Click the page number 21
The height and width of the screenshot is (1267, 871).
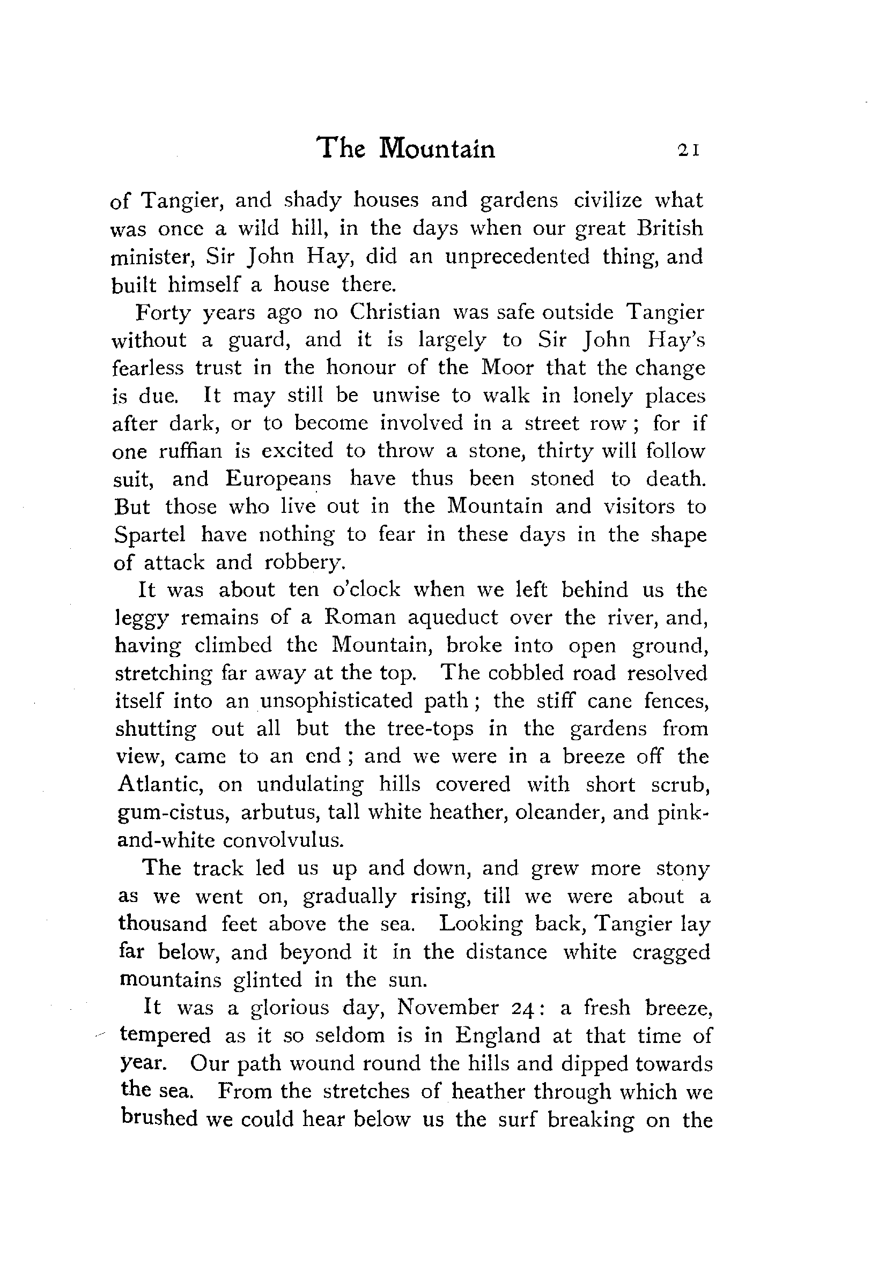(x=688, y=151)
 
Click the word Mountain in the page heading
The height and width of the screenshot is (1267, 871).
(x=437, y=148)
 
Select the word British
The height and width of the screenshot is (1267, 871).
(x=670, y=228)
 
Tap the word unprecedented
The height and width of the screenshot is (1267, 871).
(x=518, y=256)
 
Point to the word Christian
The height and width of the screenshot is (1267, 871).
(x=395, y=312)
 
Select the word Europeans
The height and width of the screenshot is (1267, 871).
(x=278, y=479)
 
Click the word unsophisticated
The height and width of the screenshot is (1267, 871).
(x=336, y=701)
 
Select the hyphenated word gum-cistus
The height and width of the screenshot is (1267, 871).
(x=172, y=813)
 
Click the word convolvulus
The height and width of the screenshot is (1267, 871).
(x=284, y=840)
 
